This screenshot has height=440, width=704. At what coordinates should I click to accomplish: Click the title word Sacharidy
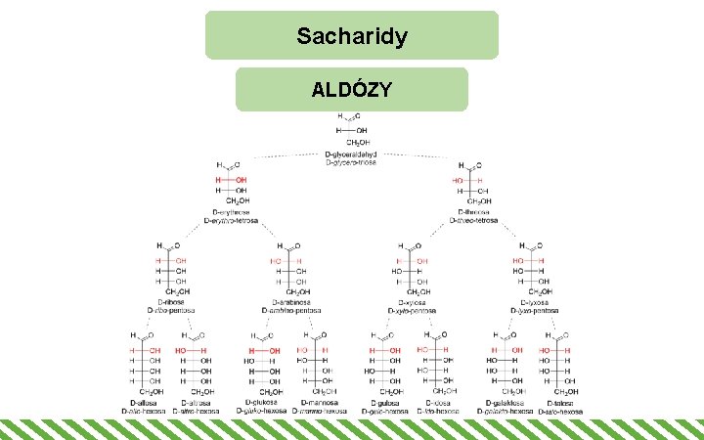tap(352, 37)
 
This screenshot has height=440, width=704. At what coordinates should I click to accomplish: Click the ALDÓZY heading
tap(352, 90)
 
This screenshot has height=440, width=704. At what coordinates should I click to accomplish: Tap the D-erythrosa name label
tap(232, 211)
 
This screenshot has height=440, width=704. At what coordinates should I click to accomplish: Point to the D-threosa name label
tap(474, 211)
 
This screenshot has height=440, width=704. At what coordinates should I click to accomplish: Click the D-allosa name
tap(146, 403)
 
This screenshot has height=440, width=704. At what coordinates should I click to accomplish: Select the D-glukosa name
tap(261, 403)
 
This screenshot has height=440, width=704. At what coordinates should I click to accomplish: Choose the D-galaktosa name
tap(506, 403)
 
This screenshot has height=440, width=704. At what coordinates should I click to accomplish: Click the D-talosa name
tap(560, 403)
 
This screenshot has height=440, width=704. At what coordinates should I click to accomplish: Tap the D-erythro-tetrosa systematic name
tap(232, 220)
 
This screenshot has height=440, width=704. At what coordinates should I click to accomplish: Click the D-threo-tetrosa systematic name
tap(474, 220)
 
